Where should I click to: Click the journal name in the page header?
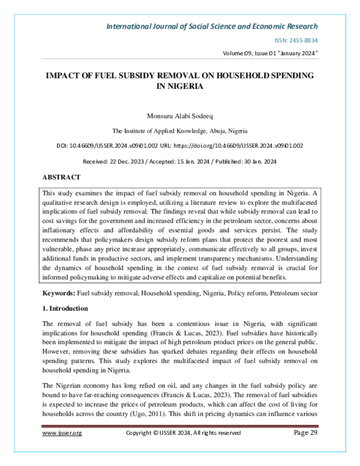212,26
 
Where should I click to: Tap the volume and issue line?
270,53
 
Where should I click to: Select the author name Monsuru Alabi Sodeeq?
180,115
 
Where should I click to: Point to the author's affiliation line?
180,130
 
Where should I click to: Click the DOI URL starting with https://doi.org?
252,145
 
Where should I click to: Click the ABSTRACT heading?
61,178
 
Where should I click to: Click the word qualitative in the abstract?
58,202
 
